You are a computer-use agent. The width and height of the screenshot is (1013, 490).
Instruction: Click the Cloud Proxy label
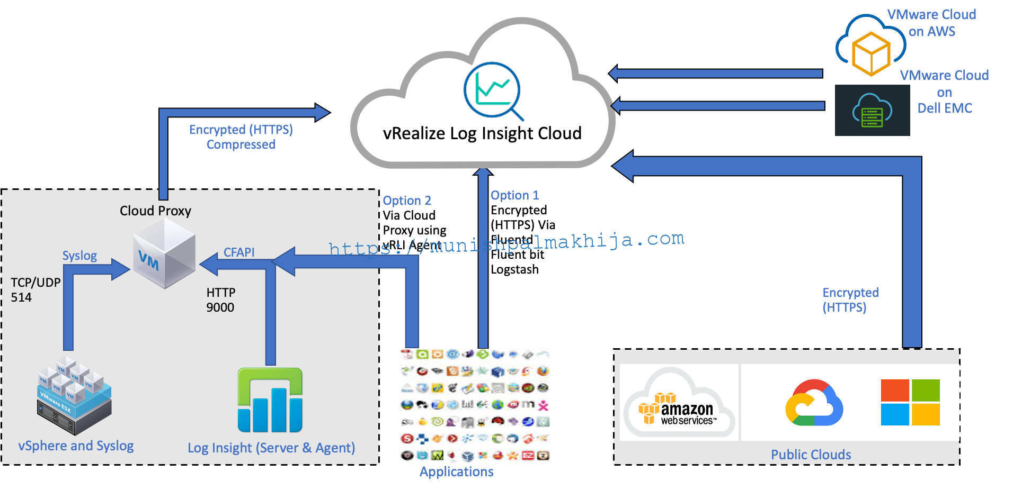pyautogui.click(x=155, y=211)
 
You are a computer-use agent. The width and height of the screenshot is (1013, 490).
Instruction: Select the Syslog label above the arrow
pyautogui.click(x=79, y=256)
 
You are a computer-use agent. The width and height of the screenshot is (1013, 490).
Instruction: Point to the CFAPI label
pyautogui.click(x=239, y=252)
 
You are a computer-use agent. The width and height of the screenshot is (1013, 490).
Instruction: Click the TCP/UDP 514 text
pyautogui.click(x=35, y=289)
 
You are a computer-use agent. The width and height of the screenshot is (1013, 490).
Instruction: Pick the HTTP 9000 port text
pyautogui.click(x=221, y=300)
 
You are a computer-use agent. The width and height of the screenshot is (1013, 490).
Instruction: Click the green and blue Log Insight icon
pyautogui.click(x=270, y=400)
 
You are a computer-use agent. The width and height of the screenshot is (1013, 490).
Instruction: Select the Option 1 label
pyautogui.click(x=514, y=195)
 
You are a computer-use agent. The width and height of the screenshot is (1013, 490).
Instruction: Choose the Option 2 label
pyautogui.click(x=407, y=201)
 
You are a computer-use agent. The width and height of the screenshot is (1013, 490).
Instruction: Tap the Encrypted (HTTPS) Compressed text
pyautogui.click(x=241, y=137)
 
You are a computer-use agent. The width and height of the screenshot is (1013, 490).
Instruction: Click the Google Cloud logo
pyautogui.click(x=814, y=403)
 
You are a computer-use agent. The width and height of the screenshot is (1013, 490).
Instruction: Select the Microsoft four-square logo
pyautogui.click(x=910, y=402)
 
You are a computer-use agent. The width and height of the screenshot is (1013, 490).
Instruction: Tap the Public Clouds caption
pyautogui.click(x=811, y=455)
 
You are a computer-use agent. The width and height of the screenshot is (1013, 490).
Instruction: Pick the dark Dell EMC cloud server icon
pyautogui.click(x=872, y=111)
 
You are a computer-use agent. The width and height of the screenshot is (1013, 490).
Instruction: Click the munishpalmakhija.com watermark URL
pyautogui.click(x=506, y=243)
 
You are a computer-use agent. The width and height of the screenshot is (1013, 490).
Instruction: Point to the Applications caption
pyautogui.click(x=456, y=471)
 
